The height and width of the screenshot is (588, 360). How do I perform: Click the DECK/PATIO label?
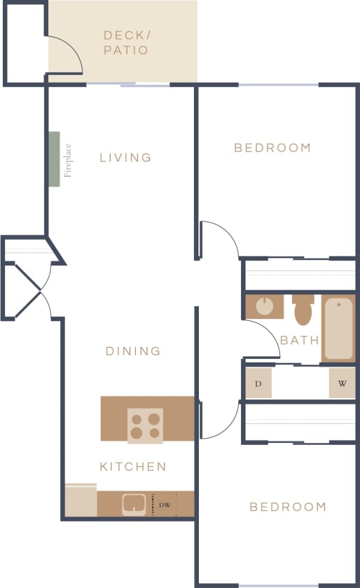click(x=126, y=42)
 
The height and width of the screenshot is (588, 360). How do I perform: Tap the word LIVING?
click(x=125, y=158)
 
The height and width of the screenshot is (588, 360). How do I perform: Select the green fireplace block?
click(x=54, y=159)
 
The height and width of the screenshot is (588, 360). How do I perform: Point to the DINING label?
click(x=133, y=351)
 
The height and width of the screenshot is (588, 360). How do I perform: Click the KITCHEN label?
click(x=133, y=467)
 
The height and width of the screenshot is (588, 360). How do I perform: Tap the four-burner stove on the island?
click(x=145, y=425)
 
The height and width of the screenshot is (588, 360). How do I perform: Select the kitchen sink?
click(x=134, y=504)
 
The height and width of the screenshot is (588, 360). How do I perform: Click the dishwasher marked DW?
click(x=164, y=504)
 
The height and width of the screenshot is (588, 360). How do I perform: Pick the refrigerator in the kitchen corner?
click(x=81, y=501)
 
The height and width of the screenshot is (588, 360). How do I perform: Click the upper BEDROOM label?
click(x=272, y=148)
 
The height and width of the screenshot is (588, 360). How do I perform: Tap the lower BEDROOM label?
click(x=288, y=507)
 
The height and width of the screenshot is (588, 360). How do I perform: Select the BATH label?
click(x=300, y=341)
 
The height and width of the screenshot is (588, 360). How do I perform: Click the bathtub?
click(x=339, y=328)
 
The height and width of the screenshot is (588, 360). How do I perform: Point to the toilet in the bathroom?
click(x=303, y=310)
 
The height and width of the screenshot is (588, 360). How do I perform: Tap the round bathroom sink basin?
click(x=265, y=306)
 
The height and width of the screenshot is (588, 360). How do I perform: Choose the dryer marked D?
click(x=258, y=384)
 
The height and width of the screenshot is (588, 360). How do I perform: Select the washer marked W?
click(x=342, y=384)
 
